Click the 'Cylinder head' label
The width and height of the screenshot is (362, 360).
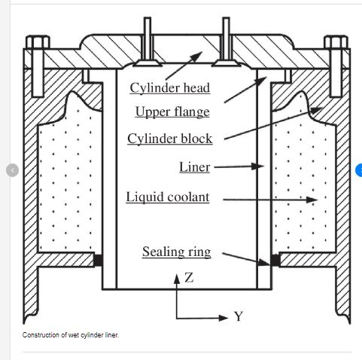point(170,88)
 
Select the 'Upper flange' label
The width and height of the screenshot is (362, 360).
point(172,111)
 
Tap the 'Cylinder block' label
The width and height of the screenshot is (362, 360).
point(170,139)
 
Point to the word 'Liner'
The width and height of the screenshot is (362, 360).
point(195,167)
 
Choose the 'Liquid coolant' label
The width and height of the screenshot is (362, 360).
point(168,197)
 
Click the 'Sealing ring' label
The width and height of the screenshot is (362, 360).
point(177,252)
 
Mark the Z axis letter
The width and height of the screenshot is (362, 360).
point(189,278)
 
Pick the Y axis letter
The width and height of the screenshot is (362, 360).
point(239,316)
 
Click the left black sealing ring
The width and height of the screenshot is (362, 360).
point(98,260)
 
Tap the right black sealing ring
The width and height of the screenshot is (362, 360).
point(275,260)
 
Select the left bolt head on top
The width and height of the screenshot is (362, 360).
point(38,42)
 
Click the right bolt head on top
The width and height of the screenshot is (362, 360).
point(336,42)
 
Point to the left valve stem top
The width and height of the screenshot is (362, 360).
point(148,19)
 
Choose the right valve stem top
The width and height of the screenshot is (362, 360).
point(226,19)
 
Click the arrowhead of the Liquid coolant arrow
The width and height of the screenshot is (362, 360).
point(312,200)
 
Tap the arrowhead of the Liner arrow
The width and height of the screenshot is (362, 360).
point(257,166)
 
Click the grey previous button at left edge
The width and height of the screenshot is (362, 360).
point(12,170)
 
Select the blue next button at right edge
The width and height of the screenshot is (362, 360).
point(359,170)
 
